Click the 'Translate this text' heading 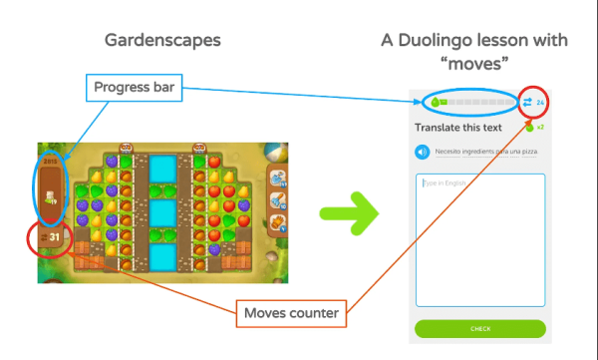coord(456,128)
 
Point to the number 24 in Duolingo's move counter coord(539,103)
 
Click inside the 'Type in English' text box coord(479,239)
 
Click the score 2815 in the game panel coord(51,160)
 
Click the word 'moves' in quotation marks coord(475,62)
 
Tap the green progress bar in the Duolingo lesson coord(469,103)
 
